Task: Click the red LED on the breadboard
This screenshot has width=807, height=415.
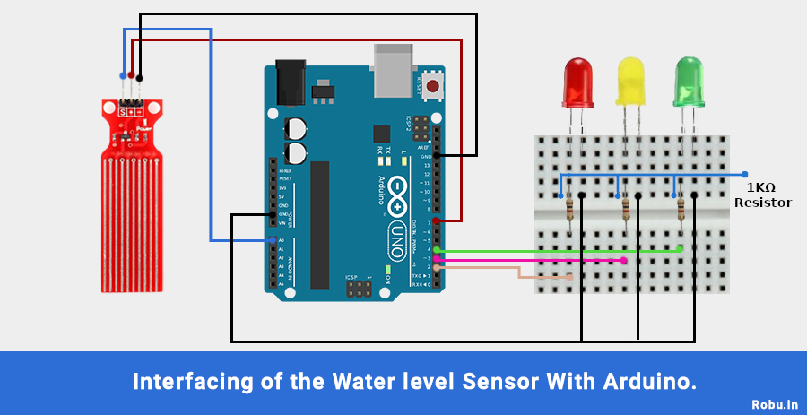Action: point(577,81)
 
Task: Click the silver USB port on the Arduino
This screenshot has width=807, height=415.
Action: point(395,70)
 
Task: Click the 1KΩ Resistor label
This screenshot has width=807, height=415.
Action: point(762,195)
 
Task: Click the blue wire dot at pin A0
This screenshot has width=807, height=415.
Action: point(272,240)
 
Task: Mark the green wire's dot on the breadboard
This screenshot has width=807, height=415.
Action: point(680,249)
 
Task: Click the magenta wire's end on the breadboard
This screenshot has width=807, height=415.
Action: point(624,260)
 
